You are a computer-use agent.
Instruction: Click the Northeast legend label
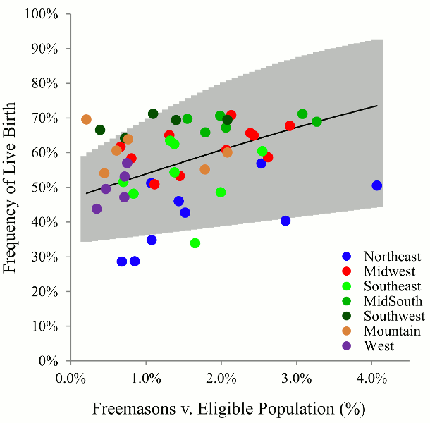(392, 257)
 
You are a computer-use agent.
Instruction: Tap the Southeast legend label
(392, 286)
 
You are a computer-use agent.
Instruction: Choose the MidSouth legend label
(392, 301)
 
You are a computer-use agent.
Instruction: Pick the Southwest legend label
(394, 316)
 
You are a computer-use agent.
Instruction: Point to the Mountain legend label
(392, 331)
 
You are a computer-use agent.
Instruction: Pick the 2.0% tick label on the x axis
(221, 378)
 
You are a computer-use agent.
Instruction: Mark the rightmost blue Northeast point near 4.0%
(377, 185)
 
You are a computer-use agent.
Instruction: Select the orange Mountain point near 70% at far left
(86, 120)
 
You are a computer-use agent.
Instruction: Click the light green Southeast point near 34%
(195, 243)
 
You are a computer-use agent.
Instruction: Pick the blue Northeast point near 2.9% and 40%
(285, 221)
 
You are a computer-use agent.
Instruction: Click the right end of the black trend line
(377, 106)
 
